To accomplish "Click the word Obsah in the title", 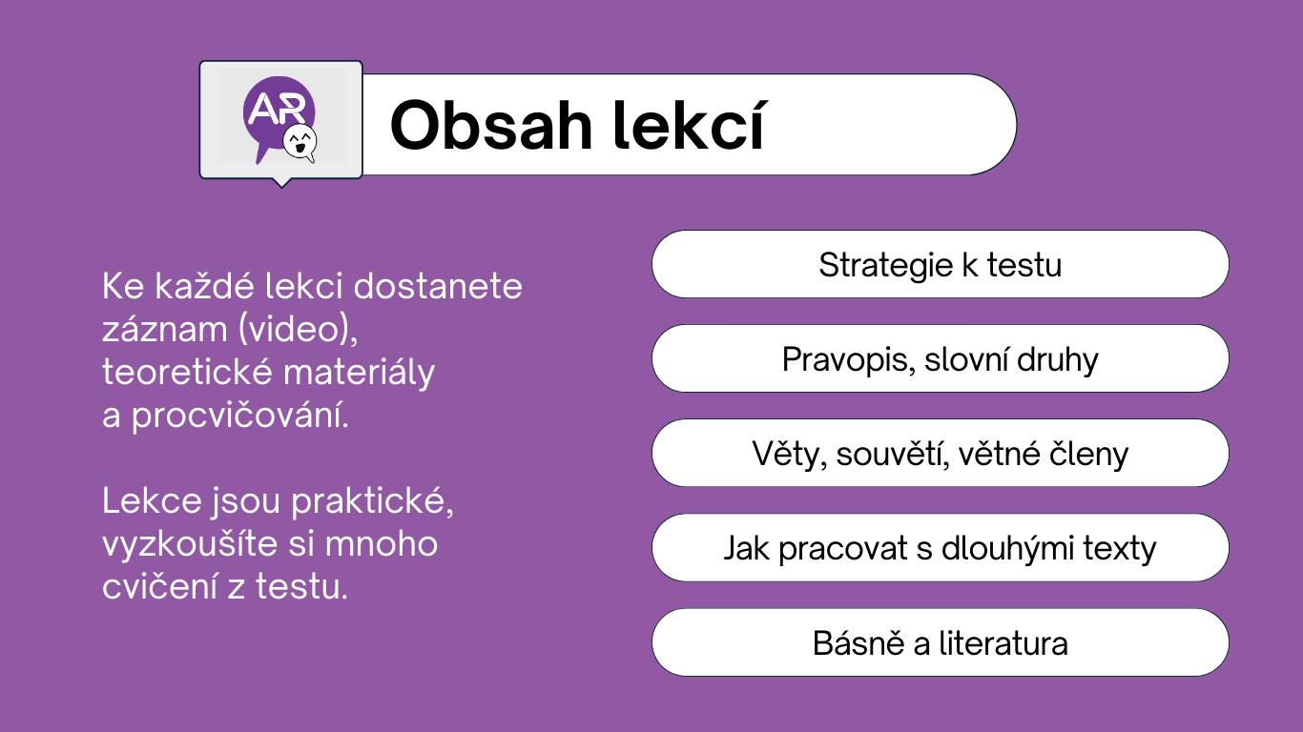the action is pyautogui.click(x=491, y=126).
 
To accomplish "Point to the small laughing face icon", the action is pyautogui.click(x=300, y=141).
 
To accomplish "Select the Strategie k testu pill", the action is pyautogui.click(x=940, y=265).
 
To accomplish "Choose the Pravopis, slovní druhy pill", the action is pyautogui.click(x=940, y=358).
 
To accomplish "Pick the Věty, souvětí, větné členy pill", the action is pyautogui.click(x=940, y=454).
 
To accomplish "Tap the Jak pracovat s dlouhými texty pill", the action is pyautogui.click(x=940, y=548).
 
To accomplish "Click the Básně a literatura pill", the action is pyautogui.click(x=940, y=642).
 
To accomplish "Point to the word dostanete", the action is pyautogui.click(x=438, y=286).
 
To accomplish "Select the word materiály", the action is pyautogui.click(x=359, y=373).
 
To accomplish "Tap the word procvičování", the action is pyautogui.click(x=239, y=416).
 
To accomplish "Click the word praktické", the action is pyautogui.click(x=372, y=501).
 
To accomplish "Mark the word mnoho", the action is pyautogui.click(x=381, y=543).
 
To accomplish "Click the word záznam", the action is pyautogui.click(x=165, y=330).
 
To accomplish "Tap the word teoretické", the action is pyautogui.click(x=187, y=372).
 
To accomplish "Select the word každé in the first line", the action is pyautogui.click(x=204, y=286).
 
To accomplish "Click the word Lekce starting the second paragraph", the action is pyautogui.click(x=152, y=500).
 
